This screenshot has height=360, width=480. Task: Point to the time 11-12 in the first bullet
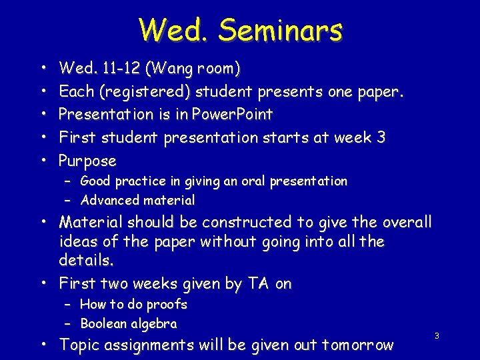click(x=119, y=68)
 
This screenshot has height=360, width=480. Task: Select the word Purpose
click(x=87, y=161)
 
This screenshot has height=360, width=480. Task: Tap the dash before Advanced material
click(x=68, y=200)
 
